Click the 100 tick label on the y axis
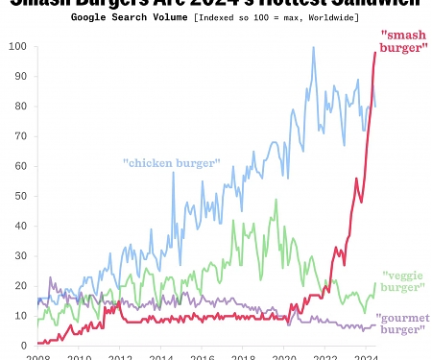coord(16,46)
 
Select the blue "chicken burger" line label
coord(172,162)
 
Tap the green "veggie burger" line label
coord(403,280)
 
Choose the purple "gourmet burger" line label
coord(402,324)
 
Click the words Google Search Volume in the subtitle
coord(131,17)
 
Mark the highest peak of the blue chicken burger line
coord(313,47)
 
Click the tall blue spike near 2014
coord(174,172)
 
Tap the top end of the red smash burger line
coord(375,52)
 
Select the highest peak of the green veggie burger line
coord(276,200)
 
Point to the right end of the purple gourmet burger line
coord(375,324)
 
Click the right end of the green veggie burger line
coord(375,283)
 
